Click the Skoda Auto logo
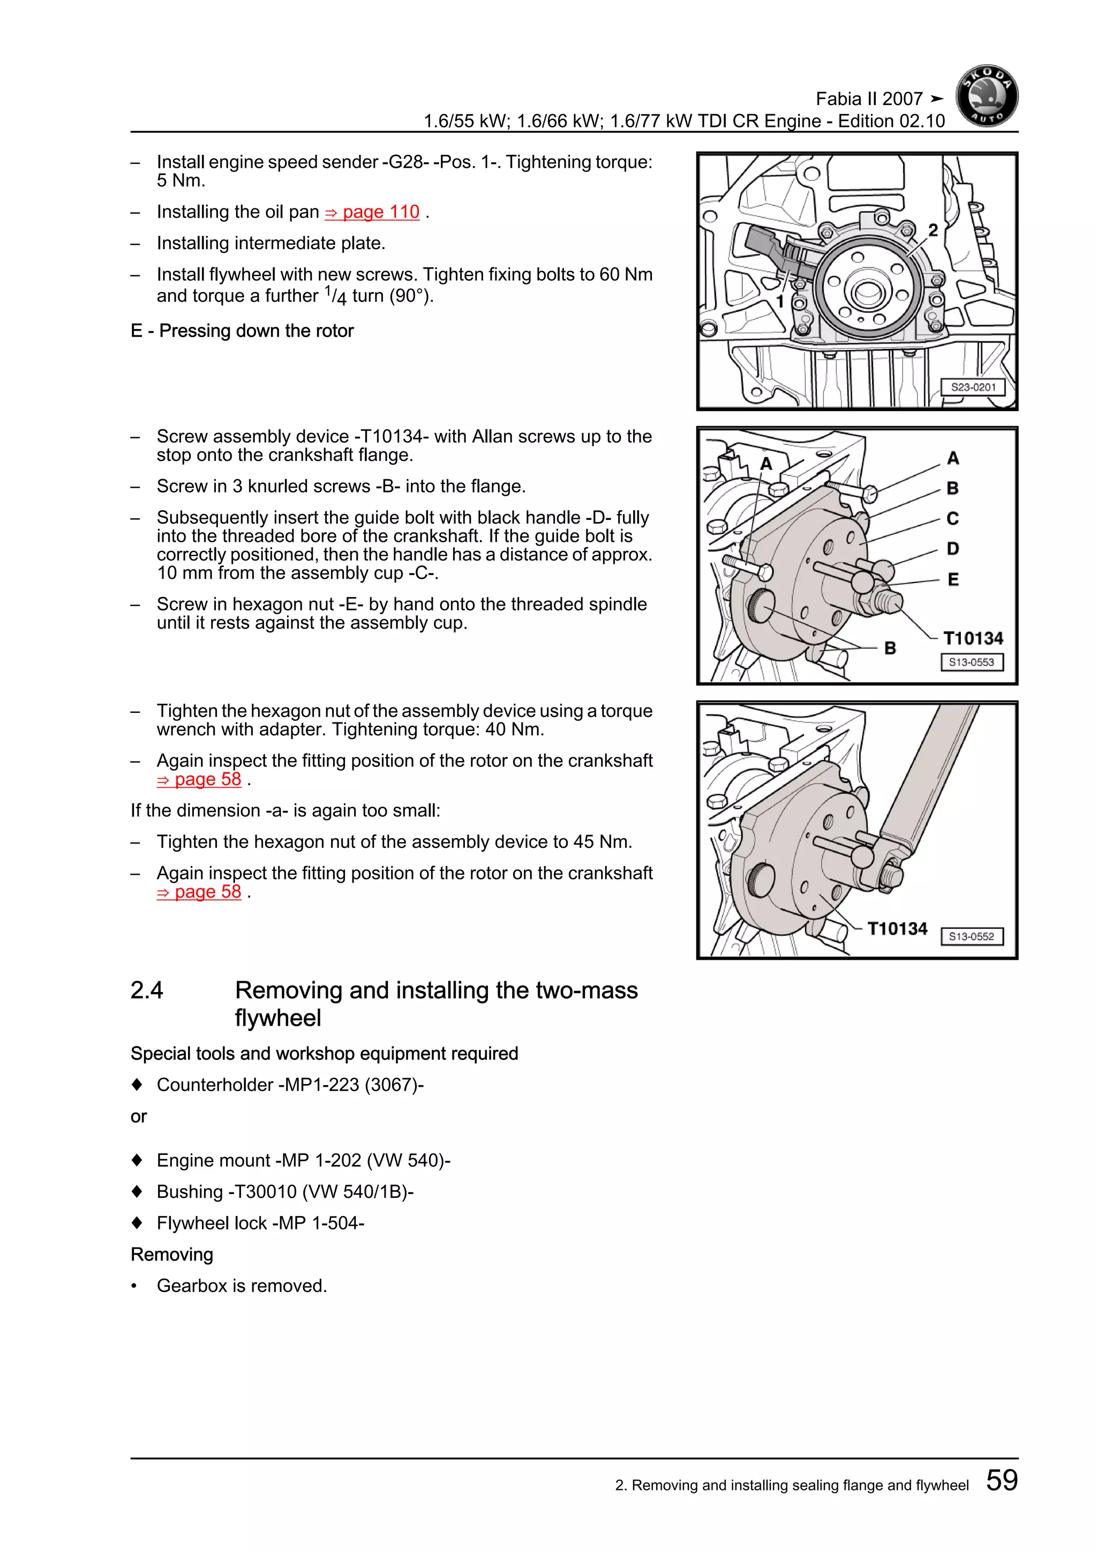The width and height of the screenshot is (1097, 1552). (987, 96)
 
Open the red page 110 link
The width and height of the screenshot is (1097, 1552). (372, 212)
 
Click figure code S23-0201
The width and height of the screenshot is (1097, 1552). (973, 387)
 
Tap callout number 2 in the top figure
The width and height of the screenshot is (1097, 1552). (933, 230)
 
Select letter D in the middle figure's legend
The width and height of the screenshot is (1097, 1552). (952, 549)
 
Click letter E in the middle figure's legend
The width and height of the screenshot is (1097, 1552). (953, 579)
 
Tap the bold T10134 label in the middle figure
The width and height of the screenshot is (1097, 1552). (973, 638)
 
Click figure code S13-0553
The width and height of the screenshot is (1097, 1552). (971, 662)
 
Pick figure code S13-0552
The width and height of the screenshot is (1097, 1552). (971, 936)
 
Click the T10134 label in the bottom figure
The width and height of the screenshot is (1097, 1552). (897, 929)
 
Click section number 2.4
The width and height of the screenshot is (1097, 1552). (147, 990)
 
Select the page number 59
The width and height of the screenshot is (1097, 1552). (1002, 1480)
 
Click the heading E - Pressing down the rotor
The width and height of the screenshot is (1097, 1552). (242, 331)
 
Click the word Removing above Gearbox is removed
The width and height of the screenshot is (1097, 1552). (171, 1255)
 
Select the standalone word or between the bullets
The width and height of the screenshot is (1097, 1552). (139, 1117)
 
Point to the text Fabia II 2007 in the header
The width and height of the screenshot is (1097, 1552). (869, 99)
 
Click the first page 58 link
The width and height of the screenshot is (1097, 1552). (199, 779)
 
